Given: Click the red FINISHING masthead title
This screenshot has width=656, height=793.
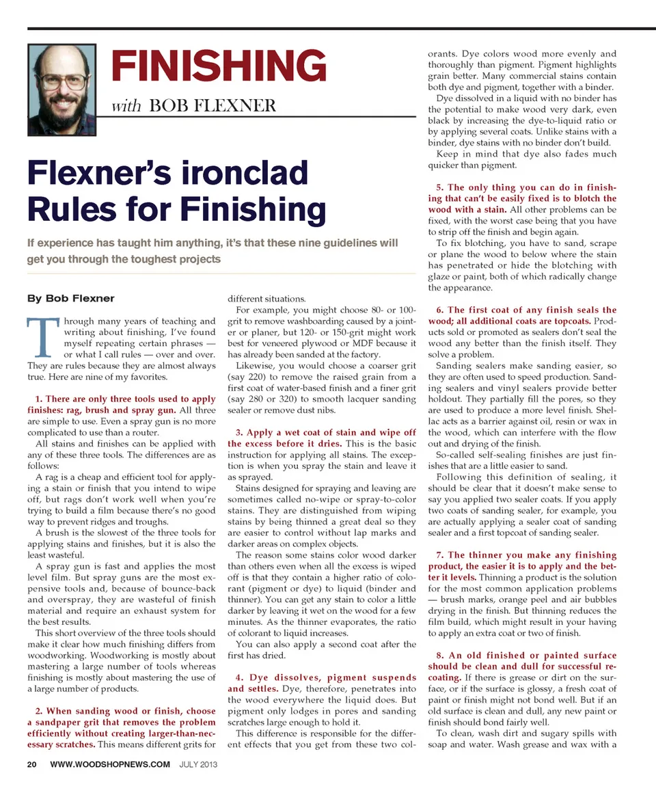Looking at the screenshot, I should pos(219,67).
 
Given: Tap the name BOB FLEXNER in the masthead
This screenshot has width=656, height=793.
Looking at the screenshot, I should pos(213,106).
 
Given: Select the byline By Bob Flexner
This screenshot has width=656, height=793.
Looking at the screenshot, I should pos(70,298).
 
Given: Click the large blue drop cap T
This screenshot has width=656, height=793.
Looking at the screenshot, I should pos(43,339).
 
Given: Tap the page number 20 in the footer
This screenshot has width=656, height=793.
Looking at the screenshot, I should pos(32,764).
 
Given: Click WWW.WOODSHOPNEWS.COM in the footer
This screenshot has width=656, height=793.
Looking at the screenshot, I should pos(110,764).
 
